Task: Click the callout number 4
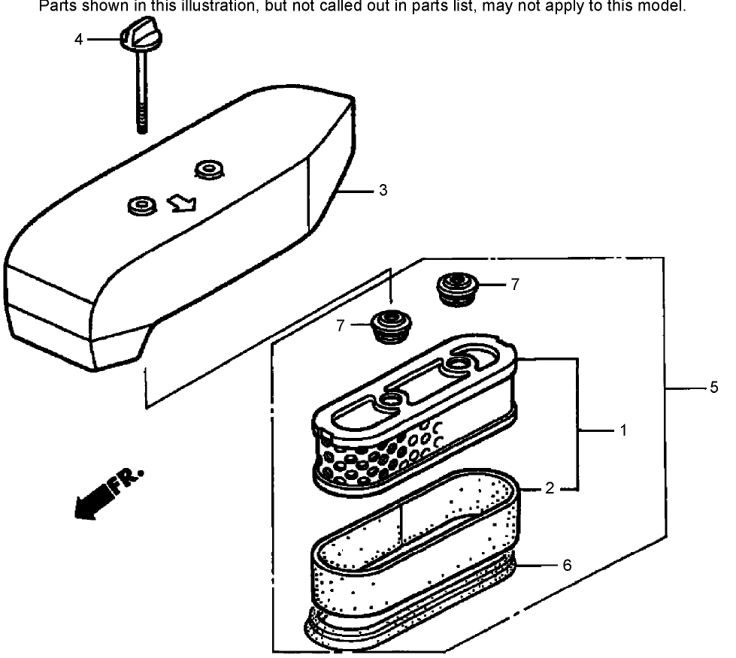point(78,39)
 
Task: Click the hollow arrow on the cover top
point(181,203)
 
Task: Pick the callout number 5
point(713,388)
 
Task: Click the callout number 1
point(622,431)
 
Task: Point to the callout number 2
point(550,488)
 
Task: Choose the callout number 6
point(566,565)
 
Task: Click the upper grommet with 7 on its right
point(454,289)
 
